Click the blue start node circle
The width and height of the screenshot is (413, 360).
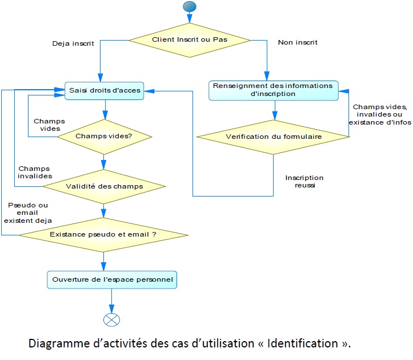click(189, 7)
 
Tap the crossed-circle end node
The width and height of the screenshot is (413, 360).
click(112, 319)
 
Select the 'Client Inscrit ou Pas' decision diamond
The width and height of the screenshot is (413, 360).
click(189, 40)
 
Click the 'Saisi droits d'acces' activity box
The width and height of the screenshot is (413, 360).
click(103, 90)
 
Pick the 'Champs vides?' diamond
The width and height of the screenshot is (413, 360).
click(104, 137)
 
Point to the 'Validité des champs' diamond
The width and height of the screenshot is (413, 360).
click(104, 186)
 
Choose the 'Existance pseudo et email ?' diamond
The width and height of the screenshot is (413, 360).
click(103, 235)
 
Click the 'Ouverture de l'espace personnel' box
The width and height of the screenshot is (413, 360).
click(112, 280)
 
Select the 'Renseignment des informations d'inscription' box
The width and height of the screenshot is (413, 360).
click(273, 90)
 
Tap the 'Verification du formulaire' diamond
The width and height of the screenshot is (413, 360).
click(273, 137)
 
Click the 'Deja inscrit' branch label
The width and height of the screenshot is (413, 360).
click(73, 43)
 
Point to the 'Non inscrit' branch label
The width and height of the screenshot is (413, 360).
click(297, 42)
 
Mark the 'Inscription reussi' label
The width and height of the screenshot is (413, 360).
click(304, 182)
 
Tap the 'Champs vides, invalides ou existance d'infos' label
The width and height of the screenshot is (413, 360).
click(380, 115)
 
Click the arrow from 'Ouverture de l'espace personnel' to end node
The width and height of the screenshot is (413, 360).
click(112, 301)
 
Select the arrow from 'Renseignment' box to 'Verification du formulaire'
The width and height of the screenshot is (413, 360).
click(275, 109)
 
